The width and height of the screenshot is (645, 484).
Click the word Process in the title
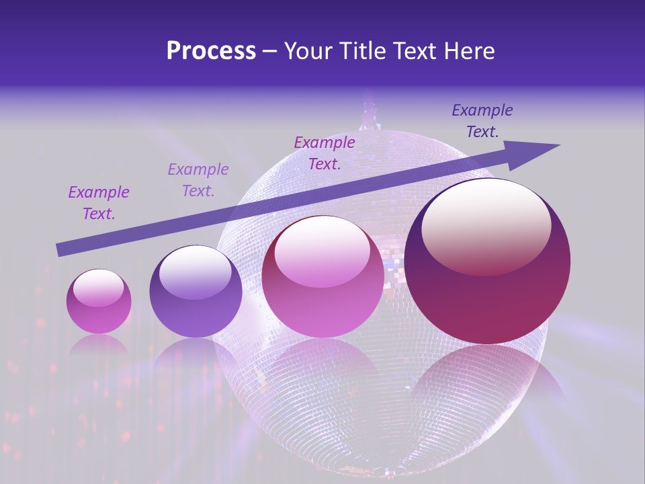click(211, 51)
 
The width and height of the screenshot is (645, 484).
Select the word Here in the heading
click(468, 51)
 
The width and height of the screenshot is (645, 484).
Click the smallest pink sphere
click(99, 302)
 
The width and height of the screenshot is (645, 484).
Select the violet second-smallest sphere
click(196, 292)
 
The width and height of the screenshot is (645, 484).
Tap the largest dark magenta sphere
click(487, 262)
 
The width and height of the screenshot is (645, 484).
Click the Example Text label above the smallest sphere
click(99, 203)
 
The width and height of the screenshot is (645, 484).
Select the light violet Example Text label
click(198, 180)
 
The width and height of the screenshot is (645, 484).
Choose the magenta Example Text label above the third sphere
click(325, 153)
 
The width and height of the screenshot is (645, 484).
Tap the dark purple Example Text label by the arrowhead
click(482, 121)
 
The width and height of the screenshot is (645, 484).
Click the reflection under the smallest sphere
click(99, 346)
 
